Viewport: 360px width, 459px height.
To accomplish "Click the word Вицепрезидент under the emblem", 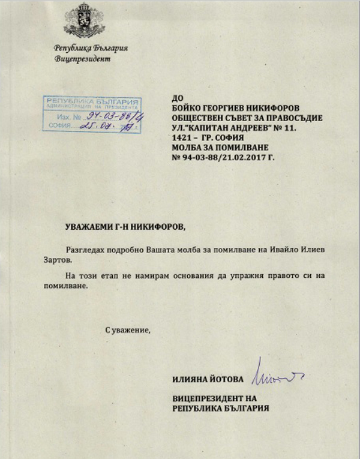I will point(83,59).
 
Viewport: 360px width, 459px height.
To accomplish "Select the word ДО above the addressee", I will point(176,96).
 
